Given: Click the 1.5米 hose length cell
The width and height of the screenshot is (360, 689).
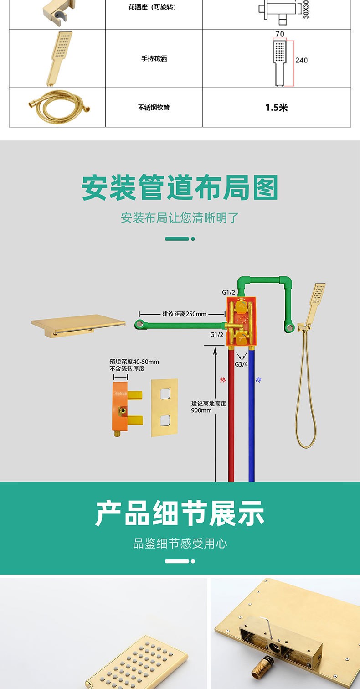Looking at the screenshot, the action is click(276, 107).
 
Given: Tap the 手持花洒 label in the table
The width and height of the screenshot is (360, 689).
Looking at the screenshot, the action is click(154, 58).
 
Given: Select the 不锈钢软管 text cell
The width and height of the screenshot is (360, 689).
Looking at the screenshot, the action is click(154, 107).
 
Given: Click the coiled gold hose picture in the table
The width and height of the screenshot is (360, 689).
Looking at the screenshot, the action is click(59, 107).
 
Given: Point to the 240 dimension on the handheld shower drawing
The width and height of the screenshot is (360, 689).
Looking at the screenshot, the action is click(301, 60).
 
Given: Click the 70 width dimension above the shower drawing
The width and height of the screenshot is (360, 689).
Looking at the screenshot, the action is click(280, 34).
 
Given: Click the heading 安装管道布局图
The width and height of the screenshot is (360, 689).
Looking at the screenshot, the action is click(180, 187).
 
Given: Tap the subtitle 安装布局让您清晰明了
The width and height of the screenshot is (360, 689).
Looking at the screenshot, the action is click(180, 218).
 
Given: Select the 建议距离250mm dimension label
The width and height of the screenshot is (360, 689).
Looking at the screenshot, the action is click(184, 314).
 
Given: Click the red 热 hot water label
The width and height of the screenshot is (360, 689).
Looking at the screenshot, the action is click(223, 380).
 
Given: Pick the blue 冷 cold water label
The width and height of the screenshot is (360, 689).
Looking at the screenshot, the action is click(258, 380).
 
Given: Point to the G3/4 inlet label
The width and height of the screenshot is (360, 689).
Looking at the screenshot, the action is click(242, 364).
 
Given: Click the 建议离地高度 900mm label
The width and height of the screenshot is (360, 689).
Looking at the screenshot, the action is click(209, 407).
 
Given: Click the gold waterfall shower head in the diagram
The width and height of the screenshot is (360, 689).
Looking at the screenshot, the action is click(78, 326).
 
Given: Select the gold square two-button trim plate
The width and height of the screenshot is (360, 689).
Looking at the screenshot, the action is click(165, 408).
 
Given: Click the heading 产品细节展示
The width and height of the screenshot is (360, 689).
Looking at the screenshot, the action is click(180, 513).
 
